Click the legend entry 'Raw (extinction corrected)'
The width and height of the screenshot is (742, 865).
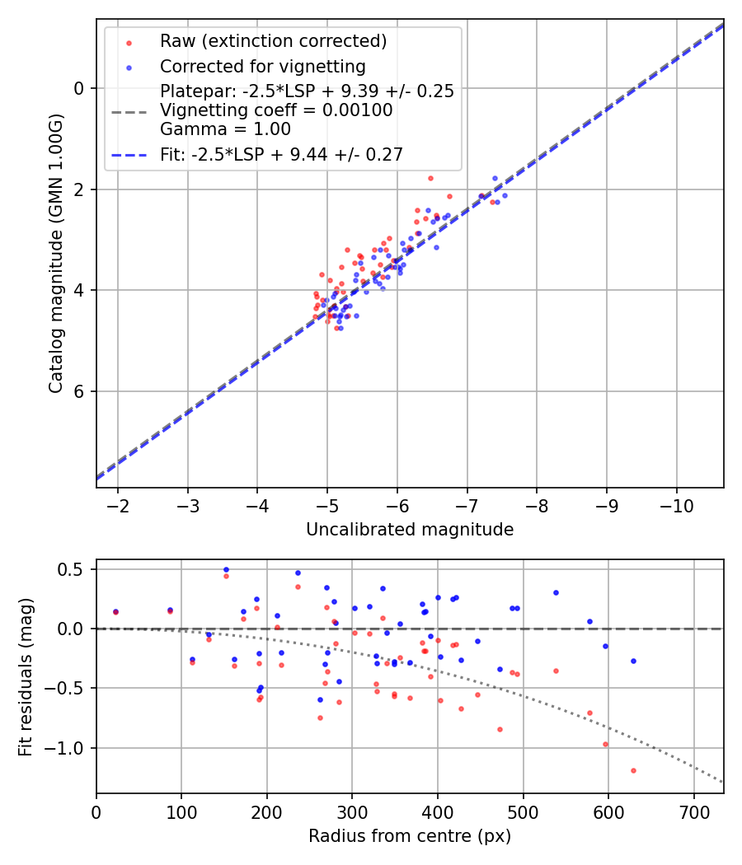pos(273,41)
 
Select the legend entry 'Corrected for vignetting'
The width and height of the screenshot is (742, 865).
pos(262,66)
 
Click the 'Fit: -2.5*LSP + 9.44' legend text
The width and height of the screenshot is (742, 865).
pos(281,154)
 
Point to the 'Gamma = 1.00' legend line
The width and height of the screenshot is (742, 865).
pos(225,129)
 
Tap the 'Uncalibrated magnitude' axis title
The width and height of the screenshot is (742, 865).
pos(410,530)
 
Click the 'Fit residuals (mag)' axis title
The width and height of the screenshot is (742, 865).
pos(26,676)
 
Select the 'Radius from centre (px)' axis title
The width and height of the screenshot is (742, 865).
pos(410,836)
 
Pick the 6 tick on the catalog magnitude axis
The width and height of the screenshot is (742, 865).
pos(79,391)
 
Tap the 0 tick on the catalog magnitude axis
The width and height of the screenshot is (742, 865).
pos(79,88)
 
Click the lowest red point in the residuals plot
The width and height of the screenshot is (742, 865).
pos(633,770)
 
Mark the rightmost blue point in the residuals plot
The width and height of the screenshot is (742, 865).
pos(633,661)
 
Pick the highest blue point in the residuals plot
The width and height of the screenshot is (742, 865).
pos(226,569)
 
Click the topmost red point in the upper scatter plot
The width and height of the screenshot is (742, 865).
pos(430,178)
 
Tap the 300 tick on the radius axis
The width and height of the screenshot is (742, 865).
pos(352,811)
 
